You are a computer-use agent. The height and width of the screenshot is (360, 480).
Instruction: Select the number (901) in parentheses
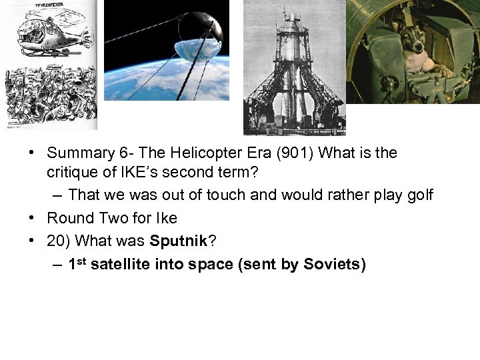[293, 153]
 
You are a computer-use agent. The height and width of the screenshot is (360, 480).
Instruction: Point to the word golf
[419, 195]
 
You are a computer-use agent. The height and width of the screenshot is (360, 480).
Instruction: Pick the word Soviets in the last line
[331, 265]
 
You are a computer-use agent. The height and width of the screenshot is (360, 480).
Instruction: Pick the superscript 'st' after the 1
[82, 261]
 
